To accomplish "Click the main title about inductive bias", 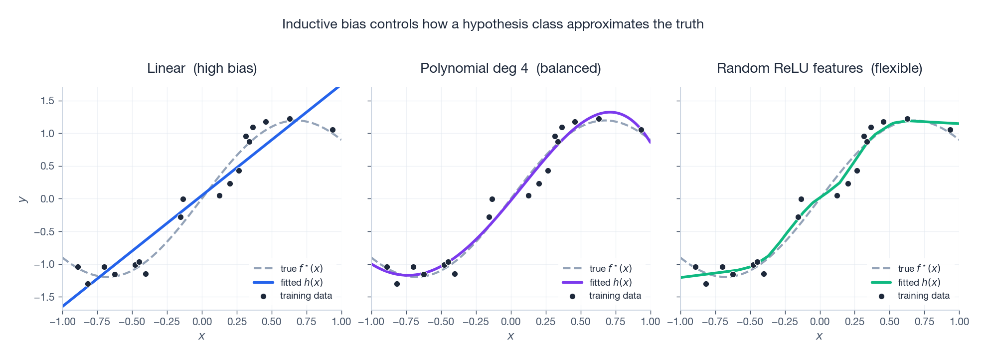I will (493, 24).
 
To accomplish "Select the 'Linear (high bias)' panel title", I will (202, 68).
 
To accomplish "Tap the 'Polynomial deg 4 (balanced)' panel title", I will (510, 68).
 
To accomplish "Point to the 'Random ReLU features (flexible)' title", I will (819, 68).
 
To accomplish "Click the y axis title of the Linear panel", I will (22, 199).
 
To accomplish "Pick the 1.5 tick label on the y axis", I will (47, 101).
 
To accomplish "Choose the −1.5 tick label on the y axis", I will (44, 297).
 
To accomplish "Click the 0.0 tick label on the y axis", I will (47, 199).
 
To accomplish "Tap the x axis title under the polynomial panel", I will (510, 336).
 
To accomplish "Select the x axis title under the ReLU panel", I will (819, 336).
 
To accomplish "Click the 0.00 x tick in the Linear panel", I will (202, 322).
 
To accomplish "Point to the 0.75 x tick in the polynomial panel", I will (615, 322).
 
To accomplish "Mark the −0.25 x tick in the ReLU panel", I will (785, 322).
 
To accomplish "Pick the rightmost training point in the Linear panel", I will (332, 130).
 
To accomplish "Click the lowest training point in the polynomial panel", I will (397, 284).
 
